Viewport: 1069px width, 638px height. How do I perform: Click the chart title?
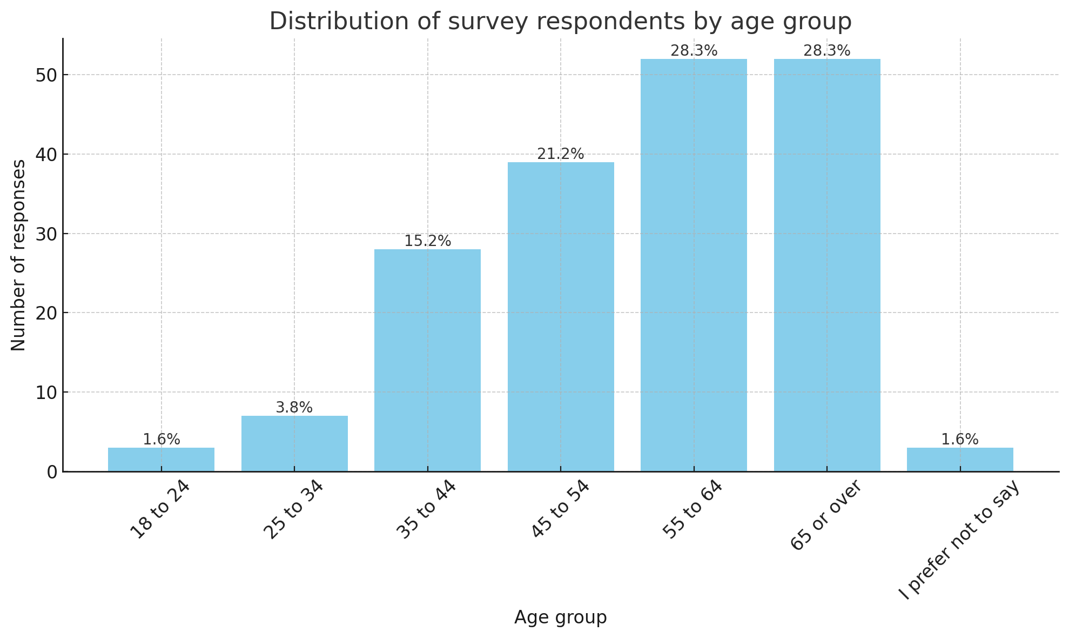(560, 22)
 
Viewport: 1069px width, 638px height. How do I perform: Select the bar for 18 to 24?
(161, 460)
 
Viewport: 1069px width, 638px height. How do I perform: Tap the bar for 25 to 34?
(294, 443)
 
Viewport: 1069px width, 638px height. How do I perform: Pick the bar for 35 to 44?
(427, 360)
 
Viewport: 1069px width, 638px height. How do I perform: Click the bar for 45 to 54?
(561, 317)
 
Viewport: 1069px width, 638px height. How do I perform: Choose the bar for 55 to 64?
(694, 265)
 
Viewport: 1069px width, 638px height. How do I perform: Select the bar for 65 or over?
(827, 265)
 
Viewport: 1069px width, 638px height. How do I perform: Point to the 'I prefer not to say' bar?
(960, 460)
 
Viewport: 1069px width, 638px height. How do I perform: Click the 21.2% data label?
(561, 154)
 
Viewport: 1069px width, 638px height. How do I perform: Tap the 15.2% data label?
(427, 241)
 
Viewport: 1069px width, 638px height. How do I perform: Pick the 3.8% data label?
(294, 408)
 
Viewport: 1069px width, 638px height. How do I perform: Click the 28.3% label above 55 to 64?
(694, 51)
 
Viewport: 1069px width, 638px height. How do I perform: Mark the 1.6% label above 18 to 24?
(161, 440)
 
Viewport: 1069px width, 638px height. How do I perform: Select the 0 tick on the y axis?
(52, 472)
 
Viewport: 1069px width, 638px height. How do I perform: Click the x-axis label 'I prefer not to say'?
(959, 540)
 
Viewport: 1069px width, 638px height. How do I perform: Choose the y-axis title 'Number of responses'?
(18, 255)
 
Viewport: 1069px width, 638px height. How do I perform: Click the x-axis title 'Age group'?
(560, 617)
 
